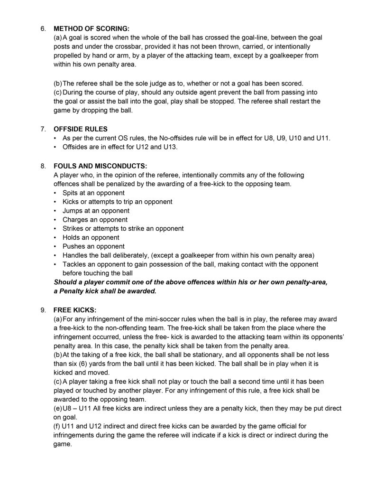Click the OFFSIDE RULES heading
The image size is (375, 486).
(x=81, y=129)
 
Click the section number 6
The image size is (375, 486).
(x=43, y=28)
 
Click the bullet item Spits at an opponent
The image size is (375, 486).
(x=93, y=193)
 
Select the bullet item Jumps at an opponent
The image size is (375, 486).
(x=96, y=211)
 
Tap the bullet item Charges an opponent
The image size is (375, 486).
(x=95, y=220)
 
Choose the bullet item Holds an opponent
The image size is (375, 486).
(x=91, y=237)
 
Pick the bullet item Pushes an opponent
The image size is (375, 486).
(x=93, y=246)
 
